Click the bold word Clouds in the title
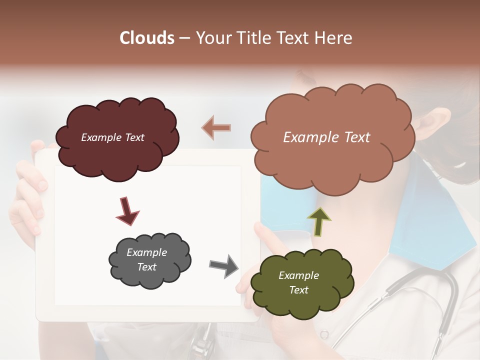[147, 38]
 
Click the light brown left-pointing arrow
[216, 128]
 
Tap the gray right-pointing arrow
[224, 265]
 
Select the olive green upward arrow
[319, 221]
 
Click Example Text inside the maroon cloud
[112, 137]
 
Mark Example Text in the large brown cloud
[326, 137]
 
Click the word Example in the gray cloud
[146, 252]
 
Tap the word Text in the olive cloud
[298, 290]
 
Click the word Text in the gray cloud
[146, 267]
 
